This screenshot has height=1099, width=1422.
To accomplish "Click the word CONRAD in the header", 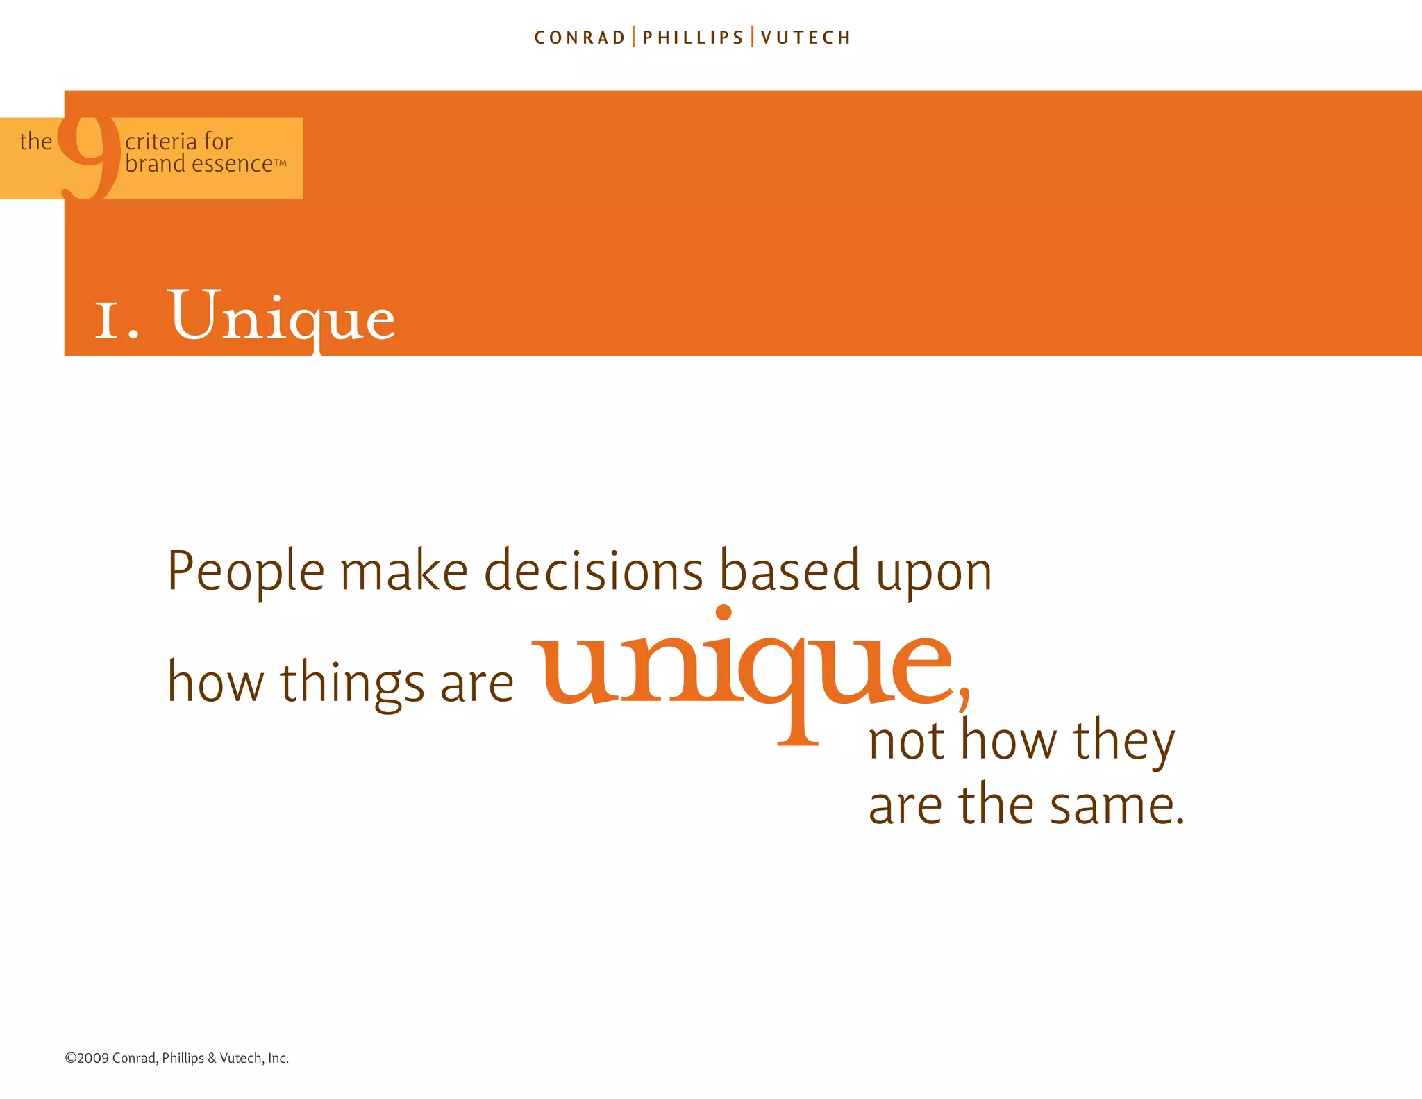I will [580, 38].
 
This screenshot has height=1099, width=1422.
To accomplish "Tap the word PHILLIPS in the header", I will [693, 38].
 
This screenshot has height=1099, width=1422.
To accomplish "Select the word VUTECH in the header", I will [805, 38].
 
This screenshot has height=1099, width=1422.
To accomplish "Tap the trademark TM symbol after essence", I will [281, 163].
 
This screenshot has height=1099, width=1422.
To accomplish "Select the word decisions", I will [594, 571].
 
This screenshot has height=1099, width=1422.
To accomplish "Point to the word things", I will [352, 684].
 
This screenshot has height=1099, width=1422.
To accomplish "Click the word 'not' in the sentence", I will [906, 742].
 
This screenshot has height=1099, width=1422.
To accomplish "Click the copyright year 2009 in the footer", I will [93, 1058].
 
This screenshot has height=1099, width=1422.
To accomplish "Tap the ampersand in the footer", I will [212, 1058].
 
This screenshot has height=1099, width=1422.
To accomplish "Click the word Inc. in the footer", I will [278, 1058].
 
